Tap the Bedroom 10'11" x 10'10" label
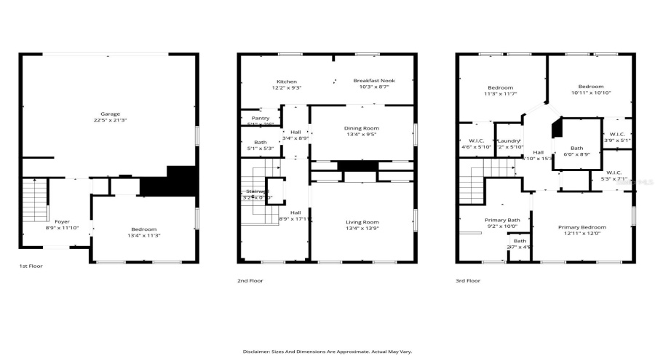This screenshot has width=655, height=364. point(590,89)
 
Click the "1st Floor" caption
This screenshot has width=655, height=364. point(31,266)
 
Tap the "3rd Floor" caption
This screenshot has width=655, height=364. point(468,280)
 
